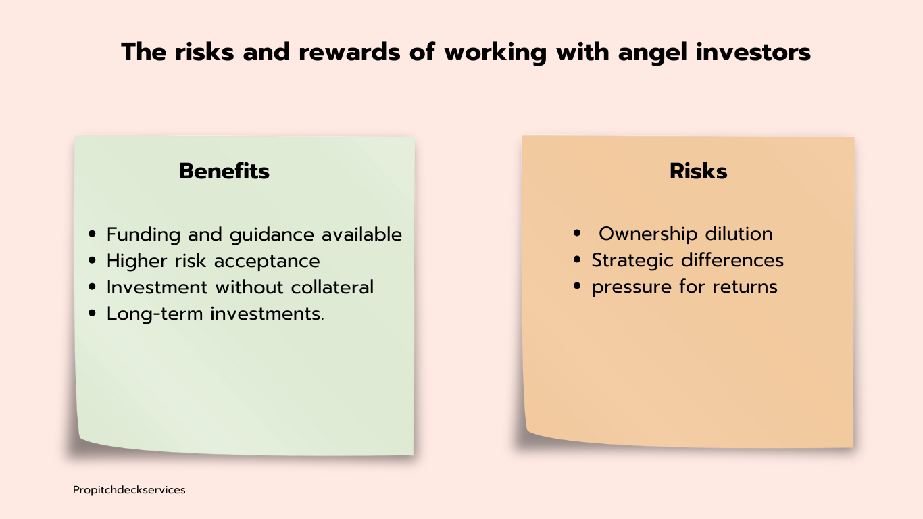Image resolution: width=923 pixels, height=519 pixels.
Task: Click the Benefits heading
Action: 224,171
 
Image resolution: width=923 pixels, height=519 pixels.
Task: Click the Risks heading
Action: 699,171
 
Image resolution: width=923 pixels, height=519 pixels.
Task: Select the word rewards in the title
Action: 349,52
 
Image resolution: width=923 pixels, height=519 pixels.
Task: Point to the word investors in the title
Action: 753,52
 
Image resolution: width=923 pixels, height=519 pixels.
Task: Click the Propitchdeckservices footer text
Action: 129,490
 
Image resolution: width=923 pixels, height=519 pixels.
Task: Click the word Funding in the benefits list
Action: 143,235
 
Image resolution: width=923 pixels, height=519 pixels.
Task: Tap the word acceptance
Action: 267,262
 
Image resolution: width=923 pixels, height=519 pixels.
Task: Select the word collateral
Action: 332,287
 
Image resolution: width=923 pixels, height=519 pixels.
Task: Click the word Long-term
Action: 155,314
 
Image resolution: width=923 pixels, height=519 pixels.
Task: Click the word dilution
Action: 739,234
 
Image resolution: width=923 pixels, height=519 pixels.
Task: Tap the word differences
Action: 732,260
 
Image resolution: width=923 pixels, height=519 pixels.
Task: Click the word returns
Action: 745,287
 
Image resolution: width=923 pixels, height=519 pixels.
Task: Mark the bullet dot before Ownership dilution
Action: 577,233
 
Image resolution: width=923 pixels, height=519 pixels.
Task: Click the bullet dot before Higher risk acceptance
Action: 92,261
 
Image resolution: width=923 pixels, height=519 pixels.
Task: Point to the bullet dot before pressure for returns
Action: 577,286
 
